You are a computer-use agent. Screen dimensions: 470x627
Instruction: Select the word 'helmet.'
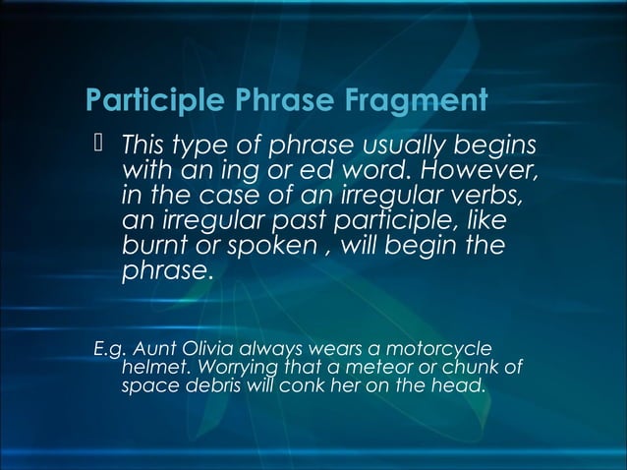click(150, 368)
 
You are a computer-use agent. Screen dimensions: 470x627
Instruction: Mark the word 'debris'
click(207, 385)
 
